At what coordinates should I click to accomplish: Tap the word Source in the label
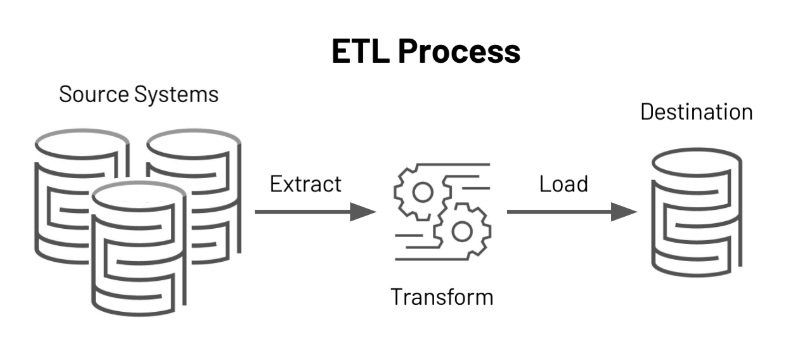tap(93, 94)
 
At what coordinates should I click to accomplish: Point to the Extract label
tap(306, 184)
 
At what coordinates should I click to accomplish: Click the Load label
tap(563, 184)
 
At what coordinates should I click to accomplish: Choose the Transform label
tap(442, 297)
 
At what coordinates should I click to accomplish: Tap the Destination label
tap(696, 112)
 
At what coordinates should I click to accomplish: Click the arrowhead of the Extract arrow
tap(364, 212)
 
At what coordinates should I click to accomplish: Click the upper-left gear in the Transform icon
tap(423, 191)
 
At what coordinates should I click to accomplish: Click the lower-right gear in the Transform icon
tap(461, 232)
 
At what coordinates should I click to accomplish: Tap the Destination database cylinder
tap(696, 215)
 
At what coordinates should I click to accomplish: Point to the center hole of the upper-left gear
tap(423, 191)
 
